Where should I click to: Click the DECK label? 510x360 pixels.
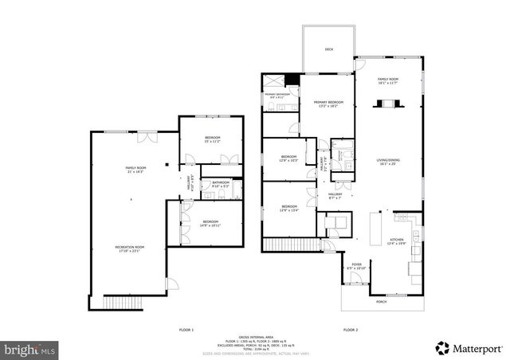[328, 49]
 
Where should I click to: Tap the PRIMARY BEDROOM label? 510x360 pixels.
[328, 102]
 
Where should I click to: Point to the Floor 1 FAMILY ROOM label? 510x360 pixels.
[135, 168]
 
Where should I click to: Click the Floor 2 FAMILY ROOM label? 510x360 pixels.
[387, 80]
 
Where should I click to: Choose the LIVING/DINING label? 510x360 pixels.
[387, 161]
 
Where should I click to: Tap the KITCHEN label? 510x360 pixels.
[395, 241]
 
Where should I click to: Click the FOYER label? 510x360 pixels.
[355, 267]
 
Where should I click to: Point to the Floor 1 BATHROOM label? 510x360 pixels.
[221, 184]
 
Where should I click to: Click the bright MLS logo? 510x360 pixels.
[30, 349]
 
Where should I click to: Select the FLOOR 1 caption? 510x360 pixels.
[186, 329]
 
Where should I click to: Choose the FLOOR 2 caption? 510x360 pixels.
[351, 329]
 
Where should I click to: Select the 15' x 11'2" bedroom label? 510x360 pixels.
[212, 140]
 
